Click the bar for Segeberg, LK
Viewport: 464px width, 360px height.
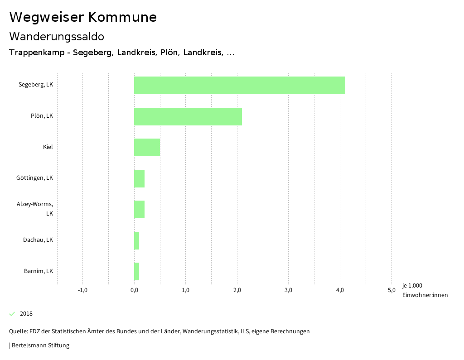(x=239, y=85)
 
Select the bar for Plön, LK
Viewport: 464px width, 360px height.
(x=188, y=116)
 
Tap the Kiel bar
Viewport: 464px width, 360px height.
(x=147, y=147)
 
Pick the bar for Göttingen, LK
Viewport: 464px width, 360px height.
(x=139, y=178)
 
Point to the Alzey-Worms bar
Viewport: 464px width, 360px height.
(x=139, y=209)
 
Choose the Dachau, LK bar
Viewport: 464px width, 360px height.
(x=137, y=240)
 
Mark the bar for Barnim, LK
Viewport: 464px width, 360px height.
(x=137, y=271)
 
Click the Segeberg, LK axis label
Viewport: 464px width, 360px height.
(x=36, y=85)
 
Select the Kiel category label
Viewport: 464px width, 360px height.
(x=48, y=147)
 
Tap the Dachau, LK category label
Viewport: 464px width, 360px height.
(x=38, y=240)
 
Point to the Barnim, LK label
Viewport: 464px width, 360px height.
(x=39, y=271)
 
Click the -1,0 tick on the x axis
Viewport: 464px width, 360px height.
(x=82, y=290)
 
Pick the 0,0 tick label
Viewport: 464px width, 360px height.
(x=134, y=290)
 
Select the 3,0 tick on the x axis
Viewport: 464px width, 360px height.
(x=288, y=290)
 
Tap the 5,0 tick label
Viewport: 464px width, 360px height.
(x=391, y=290)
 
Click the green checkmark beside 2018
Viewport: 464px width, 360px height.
(x=12, y=314)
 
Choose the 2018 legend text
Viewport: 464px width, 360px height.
(x=26, y=314)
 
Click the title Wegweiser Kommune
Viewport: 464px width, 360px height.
(x=83, y=17)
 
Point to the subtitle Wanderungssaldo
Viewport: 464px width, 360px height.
(x=57, y=36)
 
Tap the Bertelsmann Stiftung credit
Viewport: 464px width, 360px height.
(x=40, y=346)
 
